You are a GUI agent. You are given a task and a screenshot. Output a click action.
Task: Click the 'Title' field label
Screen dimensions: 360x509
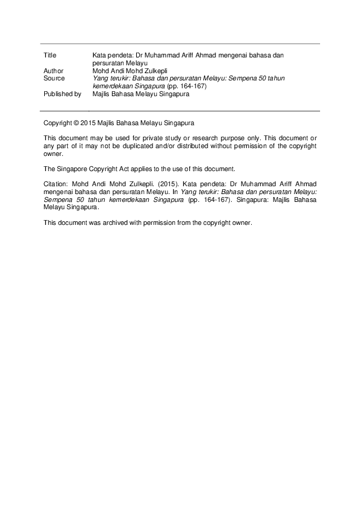click(x=50, y=55)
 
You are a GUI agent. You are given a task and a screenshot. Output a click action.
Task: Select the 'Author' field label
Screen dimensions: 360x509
click(x=54, y=71)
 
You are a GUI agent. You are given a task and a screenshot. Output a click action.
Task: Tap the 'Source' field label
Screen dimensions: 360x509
click(x=54, y=79)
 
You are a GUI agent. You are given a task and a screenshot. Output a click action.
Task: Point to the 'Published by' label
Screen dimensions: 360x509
click(x=62, y=94)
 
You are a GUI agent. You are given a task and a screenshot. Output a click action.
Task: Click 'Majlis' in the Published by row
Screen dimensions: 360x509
click(x=102, y=94)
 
